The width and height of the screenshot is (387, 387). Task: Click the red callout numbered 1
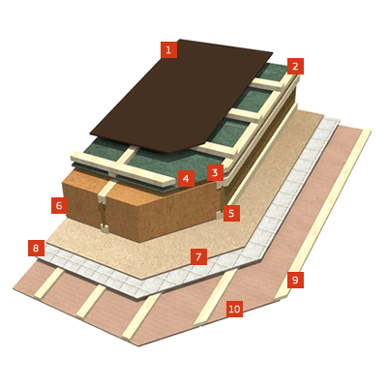pyautogui.click(x=169, y=50)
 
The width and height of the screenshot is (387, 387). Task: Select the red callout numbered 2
pyautogui.click(x=295, y=67)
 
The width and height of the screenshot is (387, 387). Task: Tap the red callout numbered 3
pyautogui.click(x=215, y=173)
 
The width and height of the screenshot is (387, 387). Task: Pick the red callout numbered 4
pyautogui.click(x=186, y=179)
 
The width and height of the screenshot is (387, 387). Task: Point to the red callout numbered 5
pyautogui.click(x=231, y=213)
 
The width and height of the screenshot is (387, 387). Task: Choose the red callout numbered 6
pyautogui.click(x=59, y=205)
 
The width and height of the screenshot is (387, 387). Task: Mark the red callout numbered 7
pyautogui.click(x=198, y=256)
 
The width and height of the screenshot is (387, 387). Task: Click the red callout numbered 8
pyautogui.click(x=36, y=248)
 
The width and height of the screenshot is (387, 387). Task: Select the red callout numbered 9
pyautogui.click(x=295, y=280)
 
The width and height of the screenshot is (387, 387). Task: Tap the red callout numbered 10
pyautogui.click(x=234, y=309)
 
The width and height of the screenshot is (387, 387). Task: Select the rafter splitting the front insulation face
pyautogui.click(x=104, y=206)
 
